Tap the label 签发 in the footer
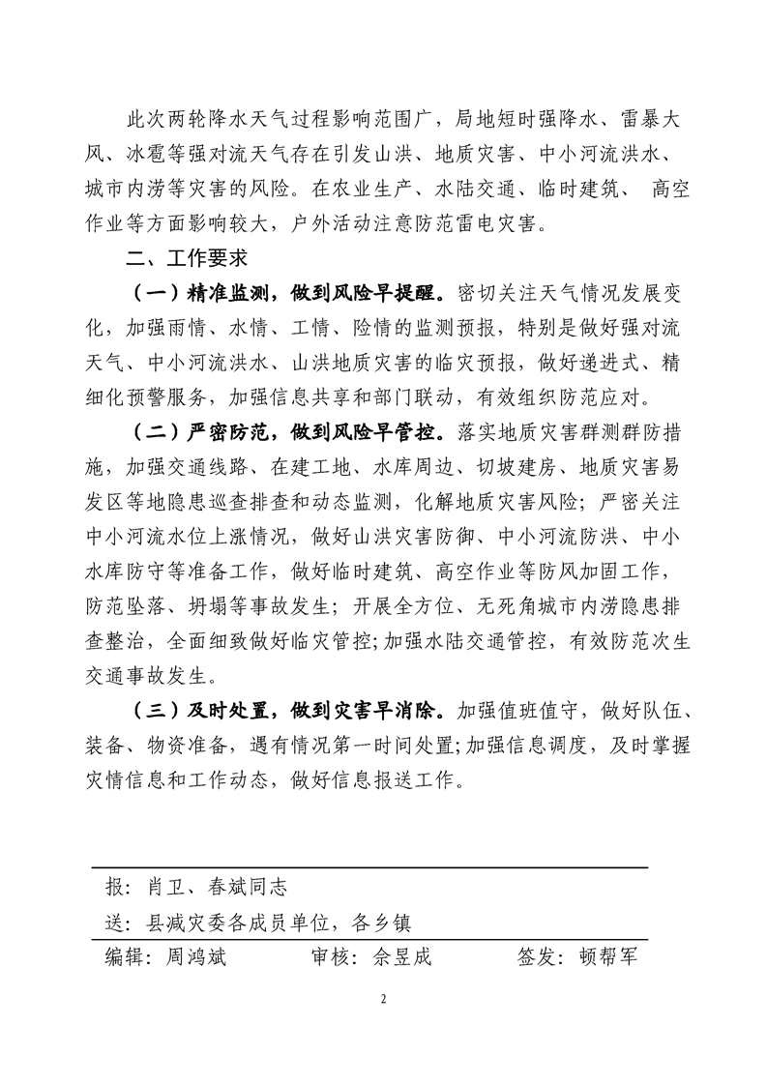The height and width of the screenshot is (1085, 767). (538, 956)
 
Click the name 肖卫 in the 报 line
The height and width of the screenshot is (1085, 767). (167, 887)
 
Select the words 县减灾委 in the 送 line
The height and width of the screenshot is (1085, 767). (183, 922)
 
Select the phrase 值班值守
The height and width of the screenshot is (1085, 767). (534, 711)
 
